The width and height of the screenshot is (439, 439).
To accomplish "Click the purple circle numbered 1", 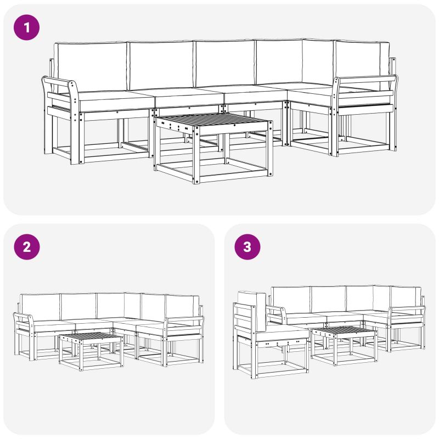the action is (x=26, y=27).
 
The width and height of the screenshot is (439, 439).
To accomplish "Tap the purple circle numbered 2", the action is (x=26, y=246).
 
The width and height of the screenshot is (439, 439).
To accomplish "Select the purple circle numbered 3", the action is (x=247, y=246).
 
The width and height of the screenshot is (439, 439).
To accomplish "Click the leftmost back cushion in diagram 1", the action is (x=92, y=67).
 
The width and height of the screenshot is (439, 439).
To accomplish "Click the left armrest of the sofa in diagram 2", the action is (x=24, y=325).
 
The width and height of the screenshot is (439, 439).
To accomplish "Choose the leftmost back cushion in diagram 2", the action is (x=41, y=307).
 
